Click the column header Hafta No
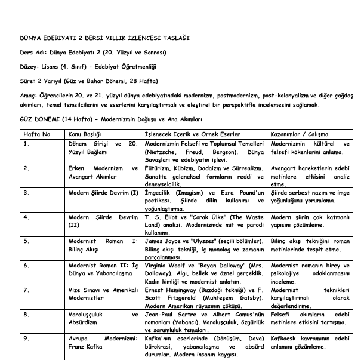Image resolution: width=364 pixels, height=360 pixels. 37,134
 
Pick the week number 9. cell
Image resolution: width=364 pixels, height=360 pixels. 26,338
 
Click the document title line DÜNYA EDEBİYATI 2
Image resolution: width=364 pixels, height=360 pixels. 105,39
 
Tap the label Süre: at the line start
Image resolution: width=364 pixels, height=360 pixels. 27,80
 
